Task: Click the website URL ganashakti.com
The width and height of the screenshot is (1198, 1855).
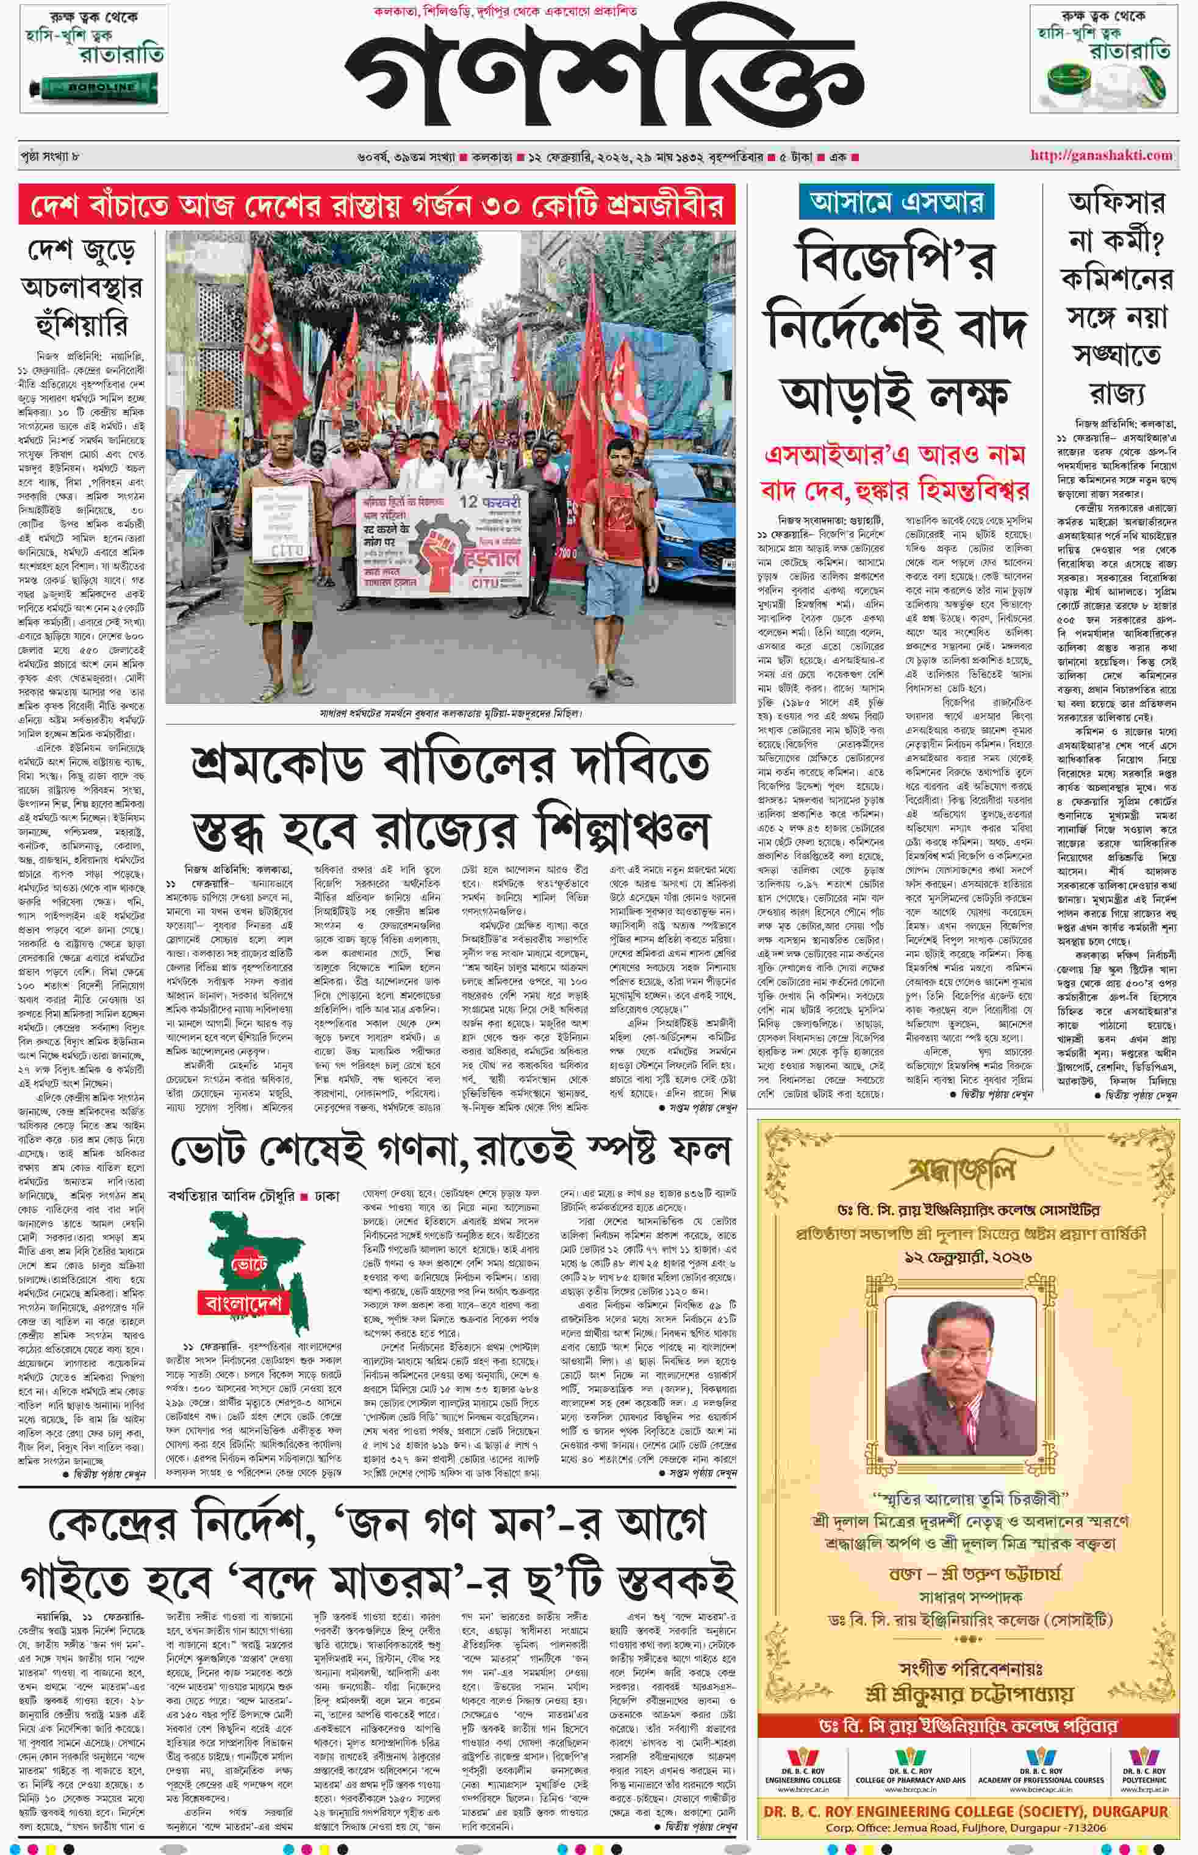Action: tap(1101, 156)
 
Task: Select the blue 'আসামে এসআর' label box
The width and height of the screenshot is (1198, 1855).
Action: tap(896, 201)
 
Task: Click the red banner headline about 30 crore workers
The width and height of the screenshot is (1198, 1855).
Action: tap(376, 206)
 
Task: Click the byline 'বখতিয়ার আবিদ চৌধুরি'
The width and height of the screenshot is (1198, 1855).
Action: tap(231, 1196)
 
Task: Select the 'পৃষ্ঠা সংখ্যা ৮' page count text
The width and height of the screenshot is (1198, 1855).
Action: tap(51, 156)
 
